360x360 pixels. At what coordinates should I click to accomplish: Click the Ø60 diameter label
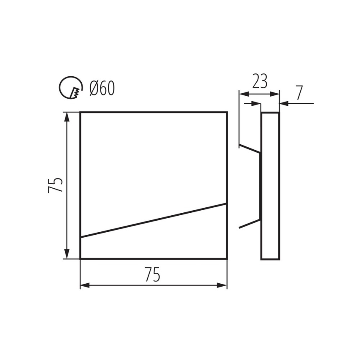point(102,88)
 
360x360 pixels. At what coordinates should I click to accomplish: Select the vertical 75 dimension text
point(55,185)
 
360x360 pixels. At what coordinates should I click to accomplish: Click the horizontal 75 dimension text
point(153,275)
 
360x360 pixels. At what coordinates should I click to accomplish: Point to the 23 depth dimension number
point(260,81)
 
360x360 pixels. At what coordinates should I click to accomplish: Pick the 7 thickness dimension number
point(299,93)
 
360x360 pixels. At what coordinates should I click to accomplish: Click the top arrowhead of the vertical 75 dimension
point(67,117)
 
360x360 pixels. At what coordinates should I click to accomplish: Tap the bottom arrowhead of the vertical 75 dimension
point(67,254)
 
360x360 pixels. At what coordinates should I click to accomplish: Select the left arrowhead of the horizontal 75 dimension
point(85,286)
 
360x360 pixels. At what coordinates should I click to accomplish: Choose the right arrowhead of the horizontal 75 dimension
point(222,286)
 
